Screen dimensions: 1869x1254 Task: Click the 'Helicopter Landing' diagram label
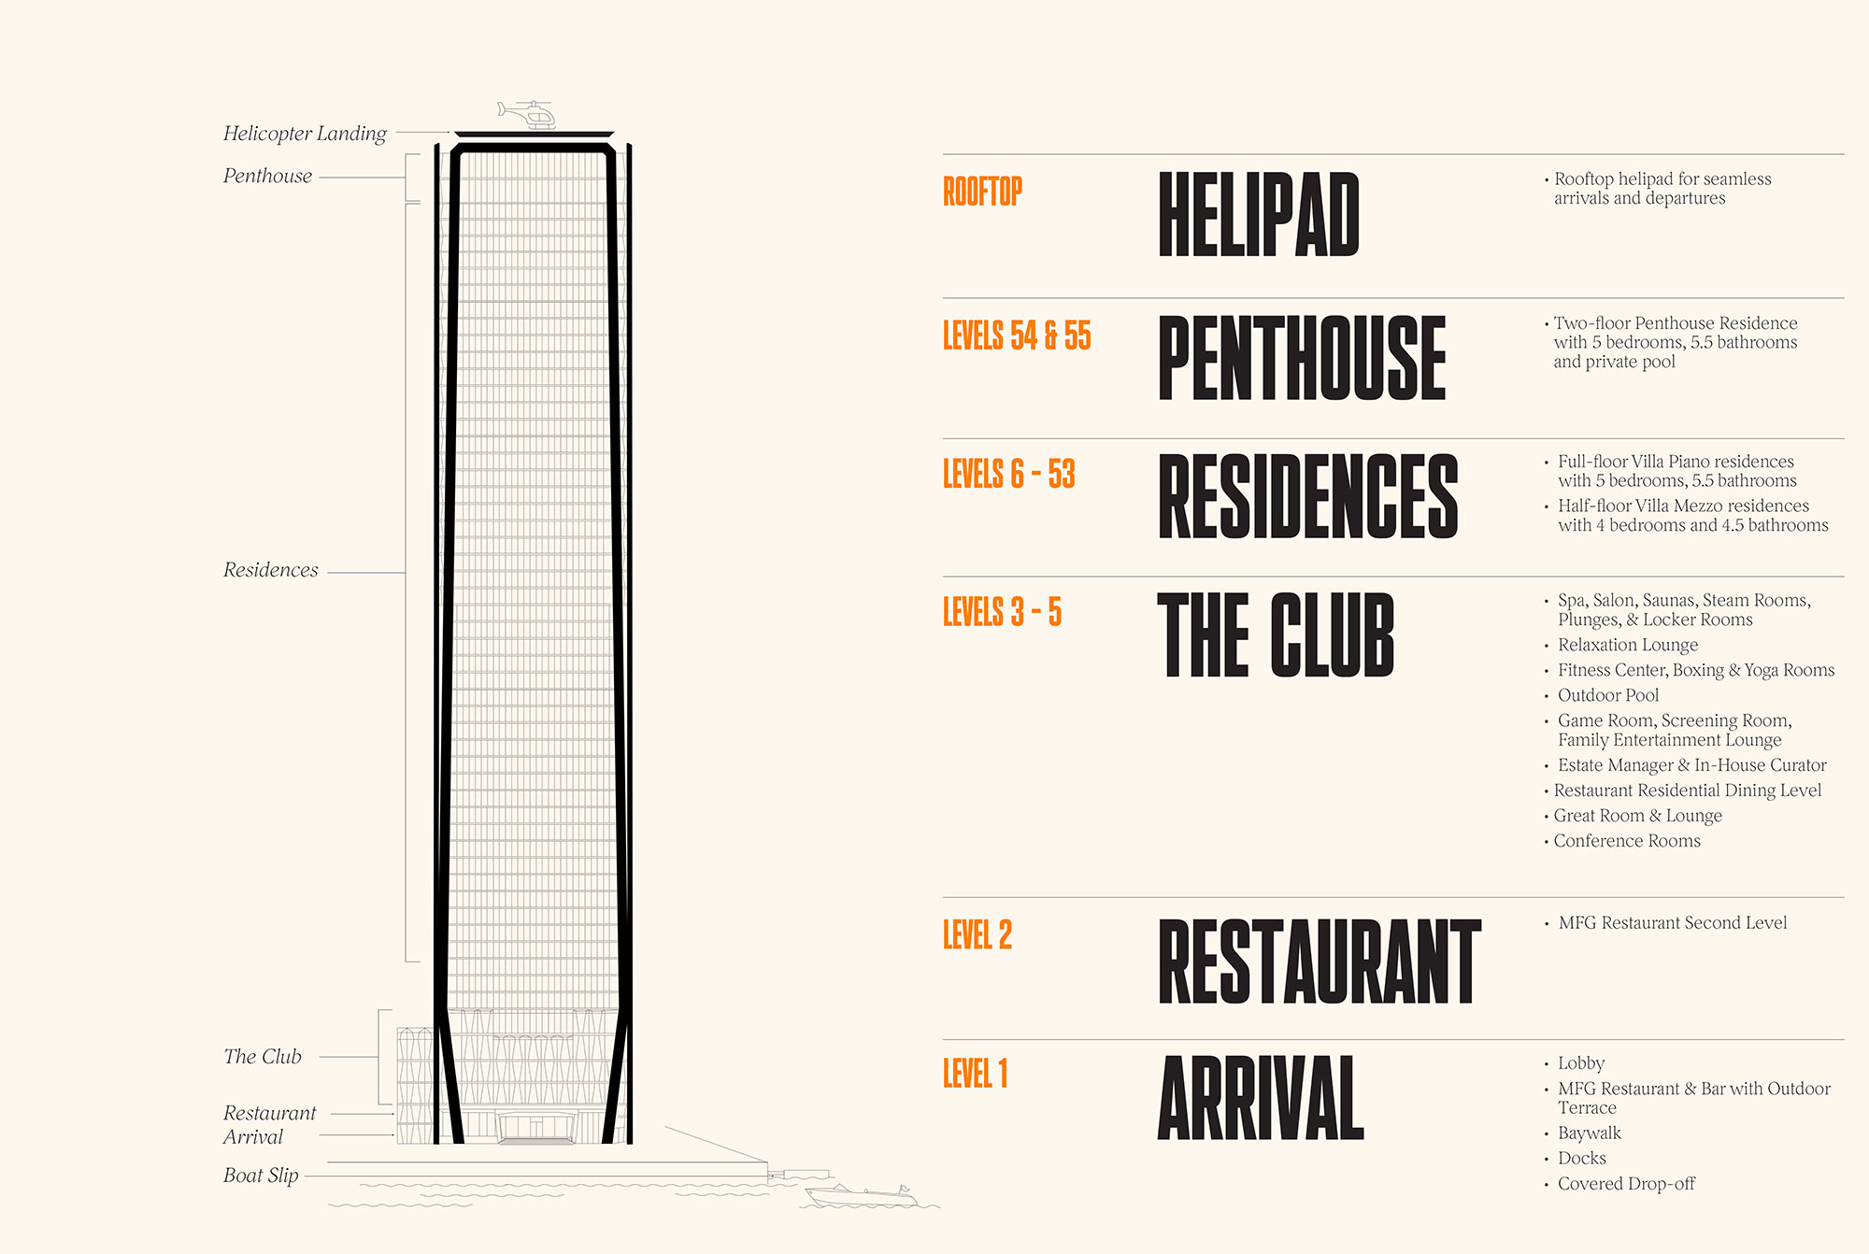pos(305,134)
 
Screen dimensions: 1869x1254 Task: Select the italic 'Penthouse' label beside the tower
pos(267,176)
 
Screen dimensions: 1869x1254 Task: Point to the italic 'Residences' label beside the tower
pos(270,570)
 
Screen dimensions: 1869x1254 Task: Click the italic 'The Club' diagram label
pos(263,1057)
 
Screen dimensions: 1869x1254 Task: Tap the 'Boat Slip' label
pos(261,1176)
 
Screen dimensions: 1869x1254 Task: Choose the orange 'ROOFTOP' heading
pos(982,192)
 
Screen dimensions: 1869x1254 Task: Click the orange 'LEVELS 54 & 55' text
pos(1017,335)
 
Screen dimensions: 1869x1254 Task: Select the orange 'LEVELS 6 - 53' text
pos(1009,474)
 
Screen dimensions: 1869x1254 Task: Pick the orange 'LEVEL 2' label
pos(977,934)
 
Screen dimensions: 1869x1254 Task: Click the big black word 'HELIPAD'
pos(1259,214)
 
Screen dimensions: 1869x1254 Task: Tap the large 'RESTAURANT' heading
pos(1320,961)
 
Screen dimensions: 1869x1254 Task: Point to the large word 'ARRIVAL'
pos(1262,1098)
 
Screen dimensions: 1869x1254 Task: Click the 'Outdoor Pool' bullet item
pos(1608,695)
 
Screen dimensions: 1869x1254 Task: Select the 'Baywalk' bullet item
pos(1590,1133)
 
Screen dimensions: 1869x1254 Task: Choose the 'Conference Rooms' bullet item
pos(1627,841)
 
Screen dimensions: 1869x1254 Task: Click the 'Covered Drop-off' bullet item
pos(1626,1184)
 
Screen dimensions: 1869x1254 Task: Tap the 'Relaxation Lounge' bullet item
pos(1628,645)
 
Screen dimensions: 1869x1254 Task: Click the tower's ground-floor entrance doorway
pos(535,1127)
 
